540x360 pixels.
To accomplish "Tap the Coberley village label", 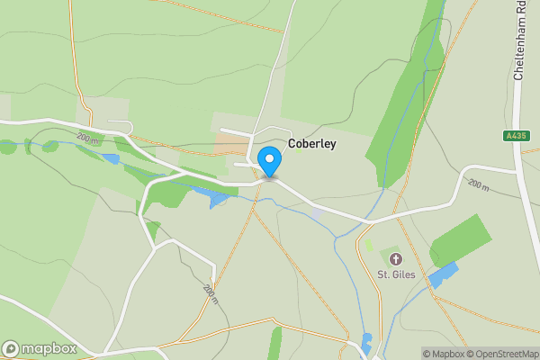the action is [312, 143].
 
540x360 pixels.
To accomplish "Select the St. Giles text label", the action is [396, 274].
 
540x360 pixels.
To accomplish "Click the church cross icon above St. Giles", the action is [396, 259].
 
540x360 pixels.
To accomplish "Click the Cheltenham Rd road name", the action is [519, 40].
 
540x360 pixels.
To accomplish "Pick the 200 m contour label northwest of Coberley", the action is [87, 139].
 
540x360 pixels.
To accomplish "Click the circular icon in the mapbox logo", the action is [11, 348].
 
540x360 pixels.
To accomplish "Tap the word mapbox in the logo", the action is [49, 348].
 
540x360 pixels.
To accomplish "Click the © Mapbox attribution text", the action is [442, 354].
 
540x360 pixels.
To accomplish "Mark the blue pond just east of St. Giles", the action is [443, 274].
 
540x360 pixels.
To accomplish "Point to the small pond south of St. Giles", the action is [366, 342].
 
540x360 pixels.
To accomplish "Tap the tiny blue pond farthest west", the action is [111, 159].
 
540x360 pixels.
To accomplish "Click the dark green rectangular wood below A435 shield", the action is [462, 240].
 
